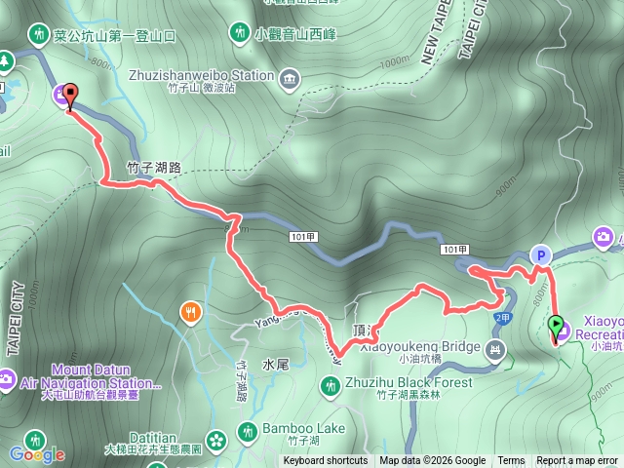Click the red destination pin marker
(x=70, y=97)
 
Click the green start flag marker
(x=557, y=327)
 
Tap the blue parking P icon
(x=539, y=254)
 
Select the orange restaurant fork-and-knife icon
(x=189, y=312)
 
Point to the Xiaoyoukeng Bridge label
(x=419, y=347)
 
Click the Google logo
(x=36, y=454)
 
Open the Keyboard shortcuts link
(x=326, y=461)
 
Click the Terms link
(x=511, y=461)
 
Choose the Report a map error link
(x=578, y=461)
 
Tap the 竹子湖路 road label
(x=154, y=168)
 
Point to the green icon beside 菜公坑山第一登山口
(x=38, y=34)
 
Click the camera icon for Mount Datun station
(x=5, y=377)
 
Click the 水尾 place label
(x=275, y=365)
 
